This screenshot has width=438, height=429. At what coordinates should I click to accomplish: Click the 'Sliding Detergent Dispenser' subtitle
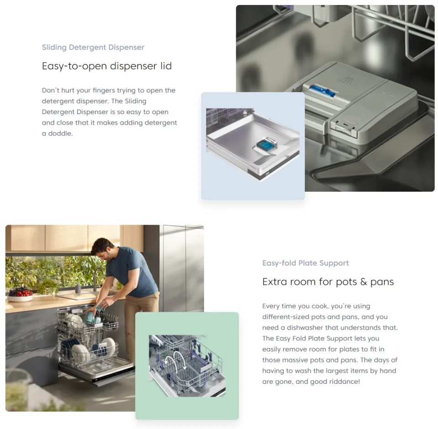pos(93,47)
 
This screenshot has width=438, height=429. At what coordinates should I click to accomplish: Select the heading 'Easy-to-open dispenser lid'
pos(107,66)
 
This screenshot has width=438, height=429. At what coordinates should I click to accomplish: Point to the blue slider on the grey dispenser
pos(322,91)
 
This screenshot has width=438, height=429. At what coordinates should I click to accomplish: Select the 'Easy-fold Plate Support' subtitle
pos(305,263)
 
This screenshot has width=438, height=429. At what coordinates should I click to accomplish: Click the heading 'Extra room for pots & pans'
pos(328,282)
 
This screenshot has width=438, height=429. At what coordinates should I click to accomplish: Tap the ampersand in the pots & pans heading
pos(364,282)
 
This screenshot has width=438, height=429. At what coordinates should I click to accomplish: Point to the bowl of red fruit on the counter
pos(20,294)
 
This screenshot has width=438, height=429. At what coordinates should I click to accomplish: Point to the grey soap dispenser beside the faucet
pos(78,288)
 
